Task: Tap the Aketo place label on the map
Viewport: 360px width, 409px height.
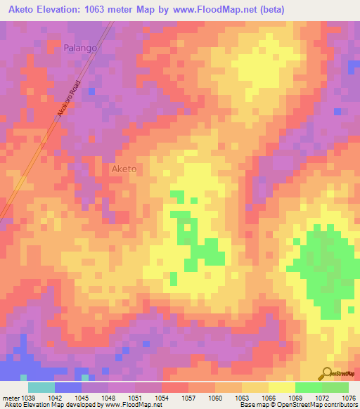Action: (124, 169)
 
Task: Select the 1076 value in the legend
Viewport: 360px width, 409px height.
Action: (349, 397)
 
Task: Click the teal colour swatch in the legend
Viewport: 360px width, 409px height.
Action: (41, 387)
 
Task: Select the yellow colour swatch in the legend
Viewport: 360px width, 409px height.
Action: (281, 387)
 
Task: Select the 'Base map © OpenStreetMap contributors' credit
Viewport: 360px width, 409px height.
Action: (297, 405)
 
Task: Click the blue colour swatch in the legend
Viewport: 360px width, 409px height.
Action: (68, 387)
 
